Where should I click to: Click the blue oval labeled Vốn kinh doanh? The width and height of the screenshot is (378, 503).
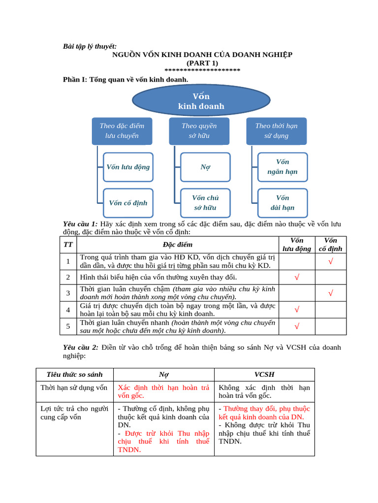(x=201, y=101)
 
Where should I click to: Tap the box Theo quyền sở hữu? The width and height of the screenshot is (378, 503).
(x=199, y=131)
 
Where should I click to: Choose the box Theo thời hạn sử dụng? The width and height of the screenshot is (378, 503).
(x=276, y=131)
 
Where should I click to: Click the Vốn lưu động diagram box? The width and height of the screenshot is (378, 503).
(x=128, y=167)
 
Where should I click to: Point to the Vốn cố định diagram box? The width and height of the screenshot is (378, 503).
(x=128, y=203)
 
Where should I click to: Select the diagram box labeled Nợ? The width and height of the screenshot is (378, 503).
(x=205, y=167)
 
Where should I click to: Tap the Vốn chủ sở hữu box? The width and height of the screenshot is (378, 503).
(x=205, y=203)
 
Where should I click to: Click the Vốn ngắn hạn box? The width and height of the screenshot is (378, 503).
(x=283, y=167)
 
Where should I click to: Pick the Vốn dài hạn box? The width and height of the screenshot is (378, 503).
(x=283, y=203)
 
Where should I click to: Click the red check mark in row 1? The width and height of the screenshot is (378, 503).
(x=331, y=262)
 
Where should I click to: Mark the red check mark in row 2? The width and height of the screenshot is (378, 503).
(x=297, y=278)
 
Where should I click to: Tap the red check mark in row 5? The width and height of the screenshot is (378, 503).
(x=297, y=326)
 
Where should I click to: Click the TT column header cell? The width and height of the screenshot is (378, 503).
(x=68, y=245)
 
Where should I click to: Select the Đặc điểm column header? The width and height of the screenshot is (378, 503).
(x=178, y=245)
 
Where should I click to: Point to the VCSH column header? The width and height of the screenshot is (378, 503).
(x=264, y=374)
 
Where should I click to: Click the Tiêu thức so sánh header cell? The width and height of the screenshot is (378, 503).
(x=74, y=374)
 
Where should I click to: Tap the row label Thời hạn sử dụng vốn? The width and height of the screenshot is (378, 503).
(x=74, y=388)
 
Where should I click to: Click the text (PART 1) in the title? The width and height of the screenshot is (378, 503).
(x=202, y=63)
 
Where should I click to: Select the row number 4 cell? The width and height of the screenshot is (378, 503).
(x=68, y=309)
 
